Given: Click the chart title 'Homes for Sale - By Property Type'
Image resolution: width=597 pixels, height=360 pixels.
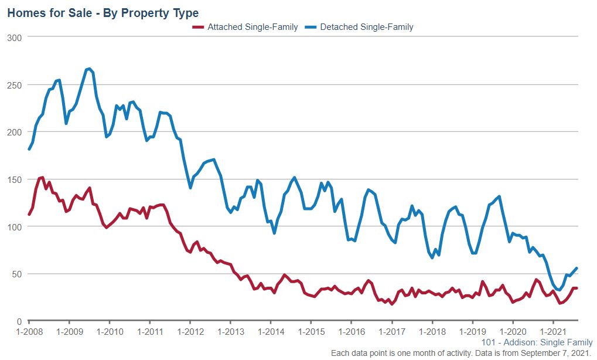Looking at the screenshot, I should pyautogui.click(x=103, y=12).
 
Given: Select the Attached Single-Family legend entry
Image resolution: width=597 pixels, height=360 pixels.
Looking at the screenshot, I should pyautogui.click(x=253, y=27).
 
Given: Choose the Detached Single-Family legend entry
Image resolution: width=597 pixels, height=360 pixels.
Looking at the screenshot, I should pyautogui.click(x=367, y=27).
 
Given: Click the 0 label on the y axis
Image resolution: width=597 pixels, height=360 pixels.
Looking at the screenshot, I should pyautogui.click(x=19, y=321).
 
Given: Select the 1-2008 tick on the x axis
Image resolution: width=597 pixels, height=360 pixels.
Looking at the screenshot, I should pyautogui.click(x=29, y=331).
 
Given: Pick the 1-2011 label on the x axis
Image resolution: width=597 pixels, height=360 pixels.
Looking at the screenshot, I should pyautogui.click(x=150, y=331).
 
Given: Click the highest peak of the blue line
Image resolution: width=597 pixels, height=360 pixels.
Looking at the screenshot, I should pyautogui.click(x=88, y=69).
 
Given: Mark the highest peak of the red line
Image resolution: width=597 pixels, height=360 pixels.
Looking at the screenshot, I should pyautogui.click(x=42, y=177).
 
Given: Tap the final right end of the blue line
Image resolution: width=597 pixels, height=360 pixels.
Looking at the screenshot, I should pyautogui.click(x=577, y=268).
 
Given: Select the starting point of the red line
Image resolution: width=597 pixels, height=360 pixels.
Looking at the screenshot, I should pyautogui.click(x=29, y=215).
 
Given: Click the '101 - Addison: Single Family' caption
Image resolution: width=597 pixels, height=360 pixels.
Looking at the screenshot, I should pyautogui.click(x=537, y=342).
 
